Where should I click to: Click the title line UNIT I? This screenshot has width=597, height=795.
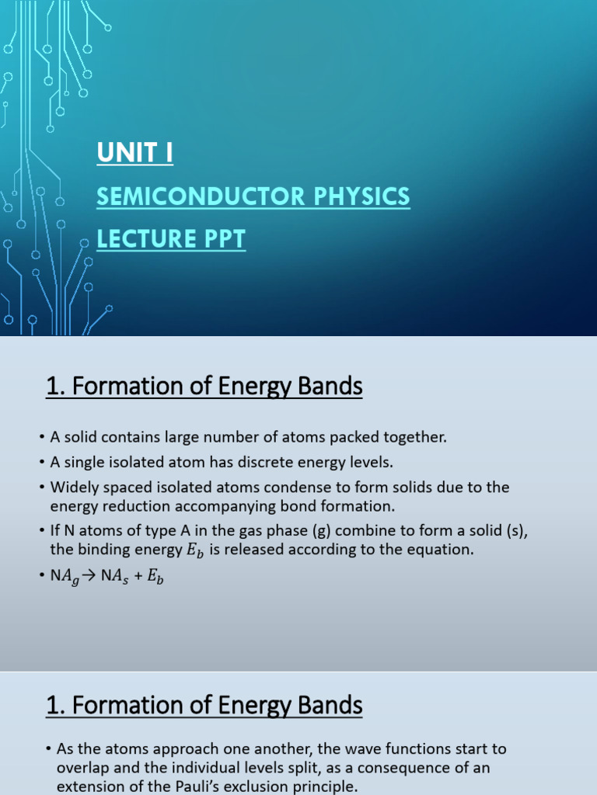(135, 154)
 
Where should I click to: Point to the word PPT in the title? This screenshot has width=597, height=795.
(221, 240)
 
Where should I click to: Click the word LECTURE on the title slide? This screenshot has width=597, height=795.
(142, 240)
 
